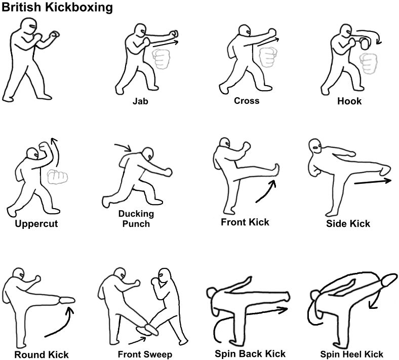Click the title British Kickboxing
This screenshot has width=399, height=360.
coord(57,8)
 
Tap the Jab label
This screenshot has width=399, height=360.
coord(140,100)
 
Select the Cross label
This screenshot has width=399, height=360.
coord(247,100)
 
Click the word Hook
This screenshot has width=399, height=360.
coord(349,101)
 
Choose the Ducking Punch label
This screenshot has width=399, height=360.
coord(136,218)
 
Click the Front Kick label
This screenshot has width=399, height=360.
coord(245,222)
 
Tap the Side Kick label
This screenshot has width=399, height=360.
coord(348,223)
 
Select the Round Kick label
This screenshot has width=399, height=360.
coord(42,354)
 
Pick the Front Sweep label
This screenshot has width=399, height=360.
coord(145,354)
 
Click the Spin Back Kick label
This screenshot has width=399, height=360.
coord(250,353)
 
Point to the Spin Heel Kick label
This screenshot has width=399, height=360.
coord(352,354)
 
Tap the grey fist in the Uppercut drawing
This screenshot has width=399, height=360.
coord(57,177)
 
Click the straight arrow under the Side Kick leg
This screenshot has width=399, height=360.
coord(373,181)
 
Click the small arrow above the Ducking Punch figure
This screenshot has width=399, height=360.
coord(124,147)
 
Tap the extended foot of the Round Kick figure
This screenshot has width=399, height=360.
coord(66,300)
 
